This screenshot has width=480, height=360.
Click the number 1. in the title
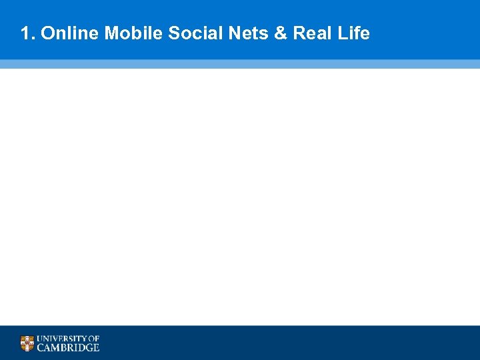coord(27,33)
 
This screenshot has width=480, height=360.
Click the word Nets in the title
coord(243,33)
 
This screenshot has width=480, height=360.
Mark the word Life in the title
coord(353,33)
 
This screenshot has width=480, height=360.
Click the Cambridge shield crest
coord(27,343)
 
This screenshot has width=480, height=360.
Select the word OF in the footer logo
coord(94,339)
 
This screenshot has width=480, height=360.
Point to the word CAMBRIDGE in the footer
coord(68,347)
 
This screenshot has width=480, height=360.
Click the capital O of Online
coord(47,33)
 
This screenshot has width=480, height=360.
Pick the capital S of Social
coord(174,33)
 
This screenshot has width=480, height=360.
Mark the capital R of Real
coord(298,33)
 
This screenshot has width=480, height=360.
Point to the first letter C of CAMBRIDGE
coord(41,347)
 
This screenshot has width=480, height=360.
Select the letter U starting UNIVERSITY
coord(40,339)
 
